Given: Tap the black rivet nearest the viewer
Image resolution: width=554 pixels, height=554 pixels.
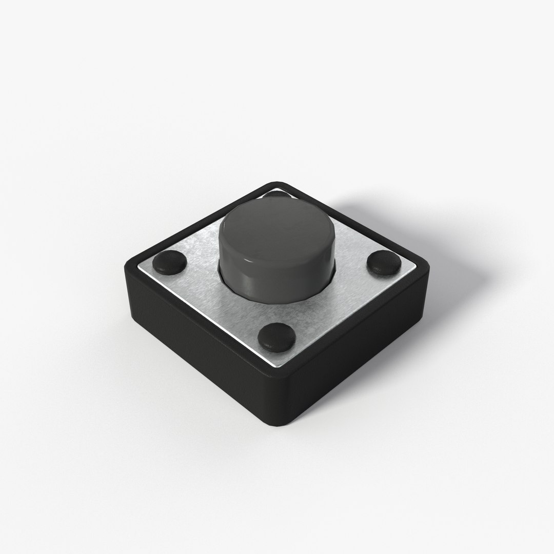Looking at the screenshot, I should click(x=276, y=337).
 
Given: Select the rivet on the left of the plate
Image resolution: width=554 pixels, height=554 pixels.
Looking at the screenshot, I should click(x=170, y=262).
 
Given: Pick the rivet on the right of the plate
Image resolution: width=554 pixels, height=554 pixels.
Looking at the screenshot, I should click(x=383, y=262).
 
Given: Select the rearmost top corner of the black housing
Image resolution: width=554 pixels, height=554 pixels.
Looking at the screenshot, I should click(x=277, y=183).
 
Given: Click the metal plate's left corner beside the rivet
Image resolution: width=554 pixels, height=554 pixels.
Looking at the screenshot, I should click(x=141, y=267).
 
